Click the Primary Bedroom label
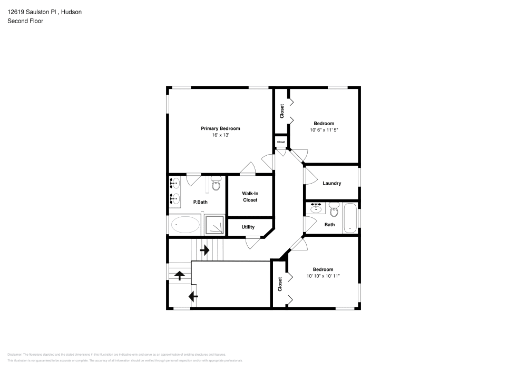[x=220, y=128]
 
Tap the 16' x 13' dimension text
[x=220, y=135]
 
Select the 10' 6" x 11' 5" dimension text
[x=324, y=130]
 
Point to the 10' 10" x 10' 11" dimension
[x=323, y=276]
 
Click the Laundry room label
[x=331, y=183]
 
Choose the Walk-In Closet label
[x=250, y=197]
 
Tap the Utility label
[x=248, y=227]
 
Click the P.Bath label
[x=199, y=202]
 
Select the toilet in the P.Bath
[x=215, y=184]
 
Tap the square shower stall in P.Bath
[x=214, y=225]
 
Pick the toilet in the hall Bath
[x=333, y=210]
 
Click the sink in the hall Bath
[x=316, y=208]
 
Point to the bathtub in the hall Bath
[x=350, y=218]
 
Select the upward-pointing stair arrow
[x=180, y=275]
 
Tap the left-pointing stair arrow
[x=193, y=297]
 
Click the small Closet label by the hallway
[x=281, y=142]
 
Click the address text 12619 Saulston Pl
[x=32, y=11]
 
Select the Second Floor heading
[x=25, y=21]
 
